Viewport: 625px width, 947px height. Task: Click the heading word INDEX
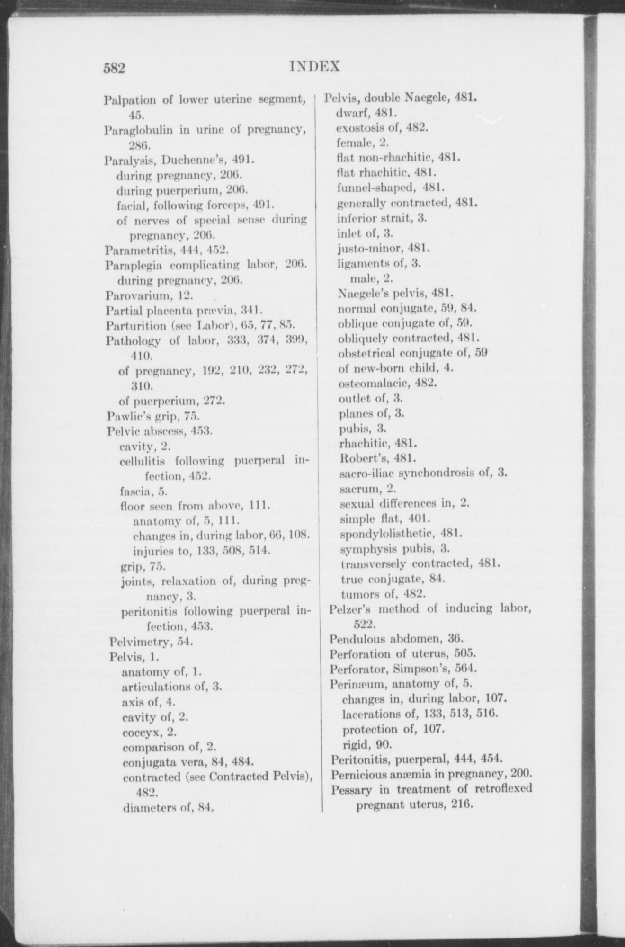315,66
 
